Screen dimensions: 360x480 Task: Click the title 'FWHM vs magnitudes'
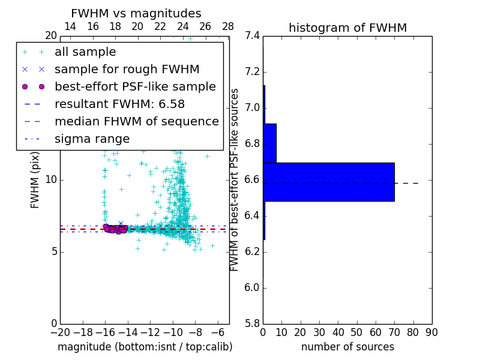(136, 14)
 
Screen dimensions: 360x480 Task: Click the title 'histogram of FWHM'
(347, 28)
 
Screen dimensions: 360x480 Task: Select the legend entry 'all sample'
(85, 52)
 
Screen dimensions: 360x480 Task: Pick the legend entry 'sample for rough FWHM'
(127, 69)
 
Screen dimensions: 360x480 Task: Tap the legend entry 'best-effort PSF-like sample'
(135, 86)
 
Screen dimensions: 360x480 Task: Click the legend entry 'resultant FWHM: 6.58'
(119, 104)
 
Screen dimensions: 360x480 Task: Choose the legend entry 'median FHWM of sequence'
(136, 121)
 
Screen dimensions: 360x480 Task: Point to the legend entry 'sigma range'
(92, 139)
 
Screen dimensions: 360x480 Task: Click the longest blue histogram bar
(329, 182)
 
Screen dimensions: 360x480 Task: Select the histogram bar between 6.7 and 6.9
(269, 143)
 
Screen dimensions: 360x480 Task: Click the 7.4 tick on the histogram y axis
(253, 36)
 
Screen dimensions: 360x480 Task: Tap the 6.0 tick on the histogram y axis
(253, 287)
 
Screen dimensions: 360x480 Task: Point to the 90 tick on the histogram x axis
(431, 332)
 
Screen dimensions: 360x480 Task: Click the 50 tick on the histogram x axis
(356, 332)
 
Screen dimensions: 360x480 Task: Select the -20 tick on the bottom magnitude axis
(60, 332)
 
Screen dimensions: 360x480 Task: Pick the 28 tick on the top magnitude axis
(228, 26)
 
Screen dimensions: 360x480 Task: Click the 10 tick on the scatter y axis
(50, 179)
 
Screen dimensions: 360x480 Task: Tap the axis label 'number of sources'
(347, 347)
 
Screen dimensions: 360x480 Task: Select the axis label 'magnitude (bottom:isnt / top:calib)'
(145, 347)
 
